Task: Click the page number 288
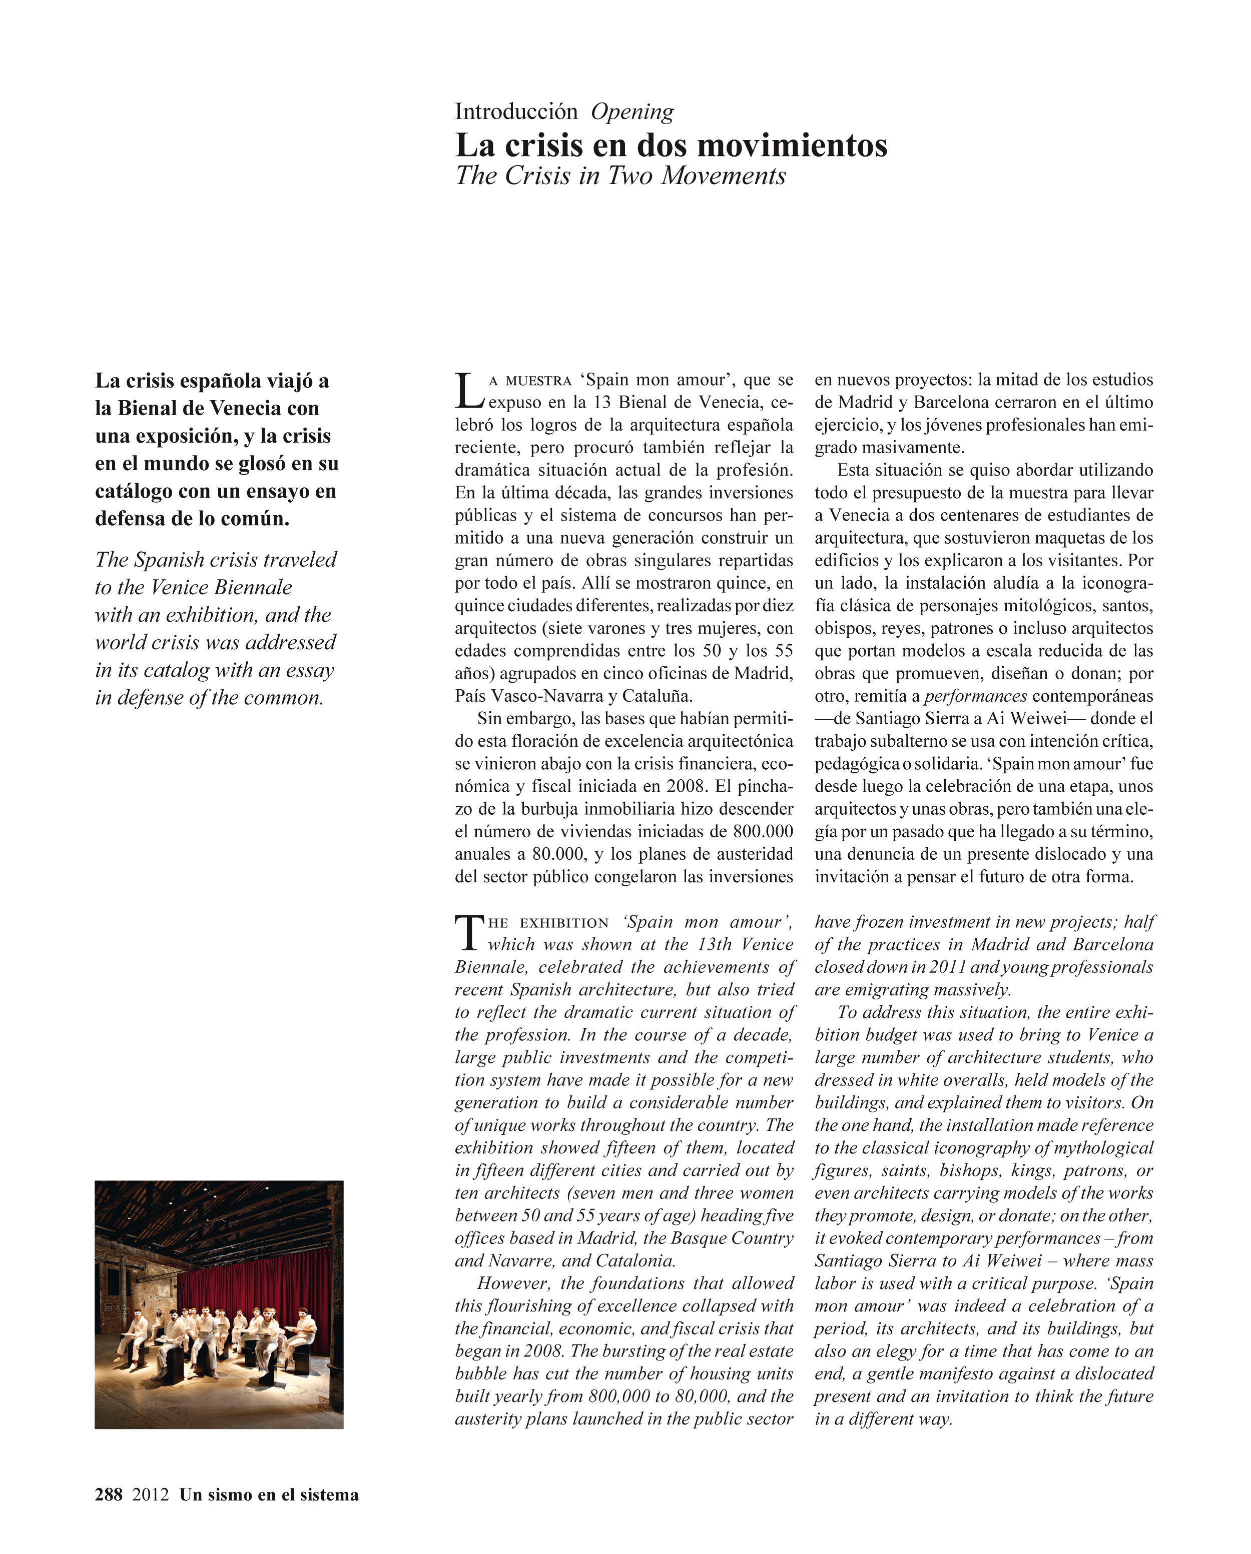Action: click(x=109, y=1494)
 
